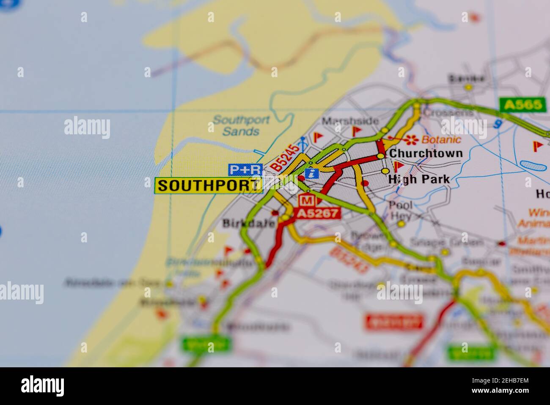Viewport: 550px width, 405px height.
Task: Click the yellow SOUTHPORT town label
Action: click(x=208, y=186)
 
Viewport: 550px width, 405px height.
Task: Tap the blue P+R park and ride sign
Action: click(x=245, y=170)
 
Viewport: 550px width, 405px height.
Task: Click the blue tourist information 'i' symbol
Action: click(x=312, y=173)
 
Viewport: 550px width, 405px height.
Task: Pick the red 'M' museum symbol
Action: click(x=308, y=200)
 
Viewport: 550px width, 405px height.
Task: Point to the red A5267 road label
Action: click(x=318, y=213)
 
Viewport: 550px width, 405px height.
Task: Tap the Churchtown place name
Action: click(x=426, y=153)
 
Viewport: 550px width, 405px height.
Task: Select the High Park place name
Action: click(x=419, y=179)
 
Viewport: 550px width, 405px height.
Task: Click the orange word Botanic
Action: click(x=442, y=139)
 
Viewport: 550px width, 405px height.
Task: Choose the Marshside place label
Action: click(x=350, y=121)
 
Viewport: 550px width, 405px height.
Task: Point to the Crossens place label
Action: click(x=448, y=113)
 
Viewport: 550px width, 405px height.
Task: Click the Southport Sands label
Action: click(x=241, y=125)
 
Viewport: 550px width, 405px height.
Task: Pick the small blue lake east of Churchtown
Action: click(x=533, y=166)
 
